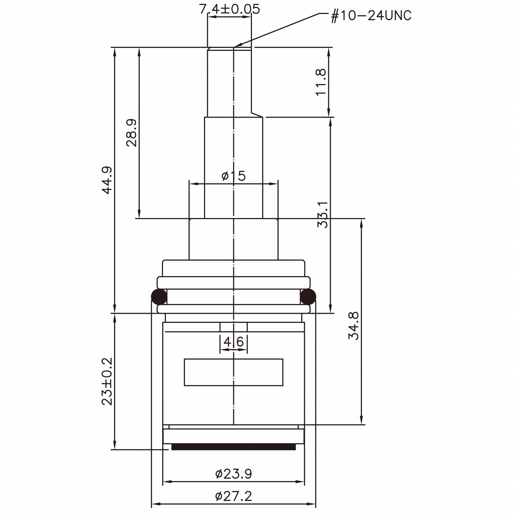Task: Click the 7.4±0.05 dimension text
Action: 229,9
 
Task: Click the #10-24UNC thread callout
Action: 371,16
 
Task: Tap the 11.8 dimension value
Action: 321,82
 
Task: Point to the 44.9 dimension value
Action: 107,180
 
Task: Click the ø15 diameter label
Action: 233,176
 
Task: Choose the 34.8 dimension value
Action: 354,326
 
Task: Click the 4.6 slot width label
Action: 234,342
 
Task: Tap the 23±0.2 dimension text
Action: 107,381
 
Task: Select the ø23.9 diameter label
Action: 233,474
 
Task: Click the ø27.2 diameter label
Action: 233,496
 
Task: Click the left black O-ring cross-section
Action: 159,296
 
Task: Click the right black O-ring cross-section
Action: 308,296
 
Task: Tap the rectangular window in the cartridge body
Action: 233,372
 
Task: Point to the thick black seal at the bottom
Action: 233,447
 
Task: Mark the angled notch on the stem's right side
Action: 256,114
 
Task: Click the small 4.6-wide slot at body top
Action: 233,327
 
